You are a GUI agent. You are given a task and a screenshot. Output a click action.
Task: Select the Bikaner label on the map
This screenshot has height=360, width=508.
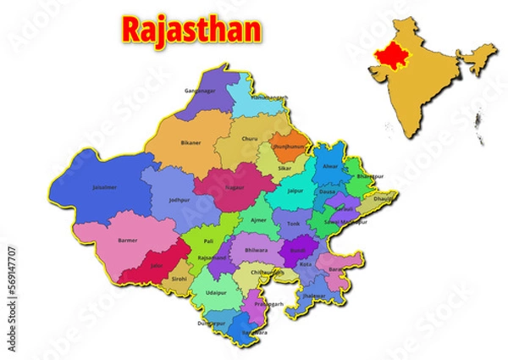coord(191,143)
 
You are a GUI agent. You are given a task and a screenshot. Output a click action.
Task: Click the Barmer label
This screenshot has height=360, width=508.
coord(128,241)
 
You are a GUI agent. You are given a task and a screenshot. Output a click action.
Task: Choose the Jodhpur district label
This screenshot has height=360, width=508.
coord(179,201)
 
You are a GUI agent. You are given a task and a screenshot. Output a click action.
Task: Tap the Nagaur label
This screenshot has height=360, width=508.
coord(236,188)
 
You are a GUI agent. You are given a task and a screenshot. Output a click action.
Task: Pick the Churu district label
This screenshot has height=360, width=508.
coord(250,138)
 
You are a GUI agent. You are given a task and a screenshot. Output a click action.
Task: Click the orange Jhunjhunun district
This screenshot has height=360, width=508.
coord(289,145)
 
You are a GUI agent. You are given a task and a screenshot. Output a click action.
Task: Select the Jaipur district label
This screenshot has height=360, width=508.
coord(295,191)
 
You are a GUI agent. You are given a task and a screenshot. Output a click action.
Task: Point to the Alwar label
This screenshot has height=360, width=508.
coord(330,167)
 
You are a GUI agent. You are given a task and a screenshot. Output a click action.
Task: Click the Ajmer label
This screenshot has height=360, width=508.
coord(258,219)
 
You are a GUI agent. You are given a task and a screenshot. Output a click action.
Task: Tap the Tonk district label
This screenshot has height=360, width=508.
coord(294,224)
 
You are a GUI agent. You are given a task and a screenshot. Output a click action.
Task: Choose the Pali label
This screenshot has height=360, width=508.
coord(208,241)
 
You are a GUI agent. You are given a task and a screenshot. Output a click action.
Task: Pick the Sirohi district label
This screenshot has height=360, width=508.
coord(179,278)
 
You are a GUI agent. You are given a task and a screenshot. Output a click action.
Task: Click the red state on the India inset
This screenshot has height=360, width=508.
coord(391,55)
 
